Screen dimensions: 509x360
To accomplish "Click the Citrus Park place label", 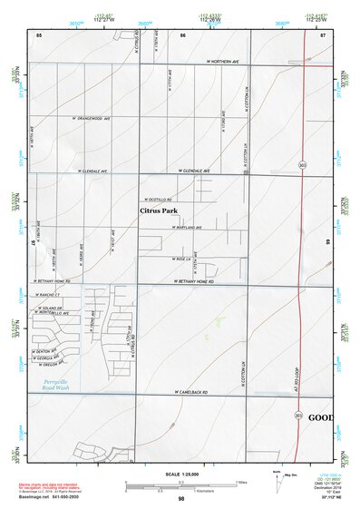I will point(156,210).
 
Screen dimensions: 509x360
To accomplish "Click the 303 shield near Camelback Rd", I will point(297,413).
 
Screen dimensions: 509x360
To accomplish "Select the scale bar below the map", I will point(181,483).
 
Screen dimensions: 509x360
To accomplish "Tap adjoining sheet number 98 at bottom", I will point(181,499).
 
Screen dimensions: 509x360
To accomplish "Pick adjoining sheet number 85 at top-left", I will point(39,34).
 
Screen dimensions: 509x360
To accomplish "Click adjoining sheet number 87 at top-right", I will point(322,34).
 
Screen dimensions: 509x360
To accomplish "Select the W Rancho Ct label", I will point(47,295).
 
